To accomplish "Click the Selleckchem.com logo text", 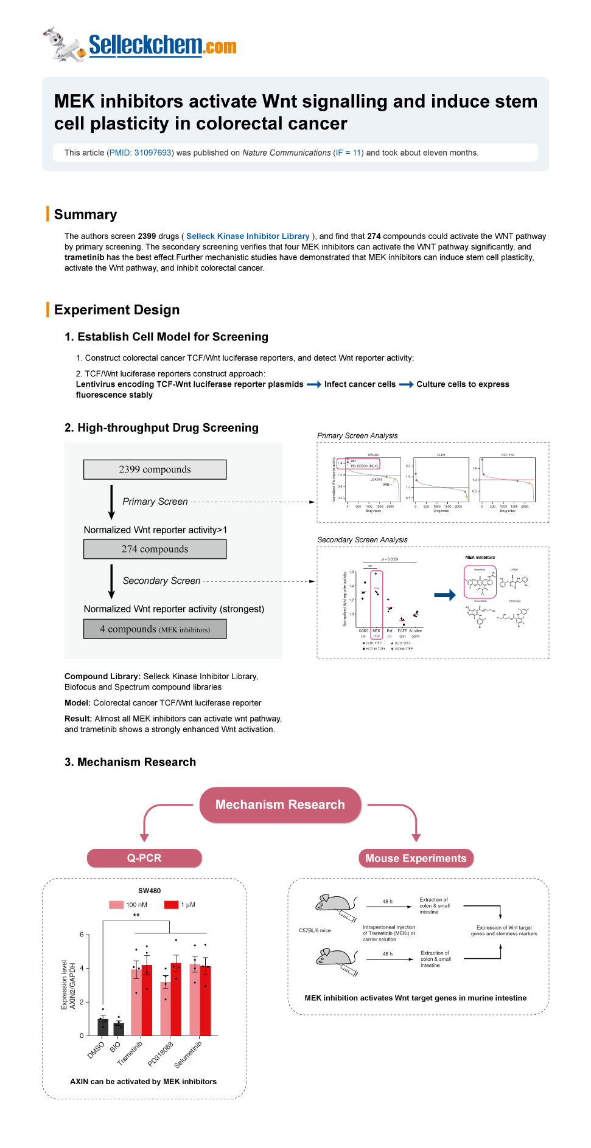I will point(162,46).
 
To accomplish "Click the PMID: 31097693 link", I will point(141,153).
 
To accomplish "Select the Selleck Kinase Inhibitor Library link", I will point(248,236).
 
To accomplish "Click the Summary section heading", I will point(85,215).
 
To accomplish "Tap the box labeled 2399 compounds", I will point(155,469).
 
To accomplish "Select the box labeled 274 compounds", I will point(155,549).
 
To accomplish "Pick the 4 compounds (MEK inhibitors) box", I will point(155,629).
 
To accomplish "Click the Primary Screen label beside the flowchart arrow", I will point(155,502).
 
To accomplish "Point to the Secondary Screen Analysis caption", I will point(362,540).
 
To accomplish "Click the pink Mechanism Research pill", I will point(280,804).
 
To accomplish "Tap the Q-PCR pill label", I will point(144,858).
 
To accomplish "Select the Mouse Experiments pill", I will point(416,859).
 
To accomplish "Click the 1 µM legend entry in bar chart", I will point(180,905).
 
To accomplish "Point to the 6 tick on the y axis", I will point(82,935).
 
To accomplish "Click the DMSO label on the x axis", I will point(96,1050).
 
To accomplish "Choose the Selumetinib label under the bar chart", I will point(188,1054).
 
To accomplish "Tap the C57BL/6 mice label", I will point(315,930).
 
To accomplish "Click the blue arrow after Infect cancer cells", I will point(406,384).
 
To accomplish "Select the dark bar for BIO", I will point(119,1029).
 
